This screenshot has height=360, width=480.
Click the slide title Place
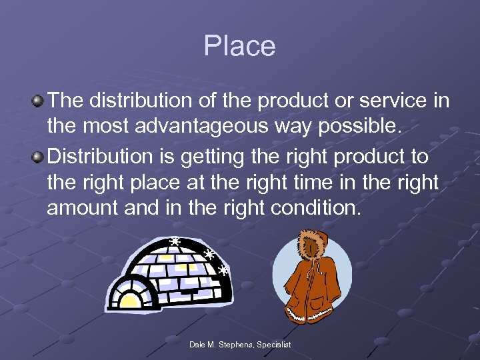click(x=239, y=46)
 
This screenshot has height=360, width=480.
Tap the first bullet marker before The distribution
click(x=38, y=101)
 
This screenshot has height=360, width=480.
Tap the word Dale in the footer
click(x=198, y=345)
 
